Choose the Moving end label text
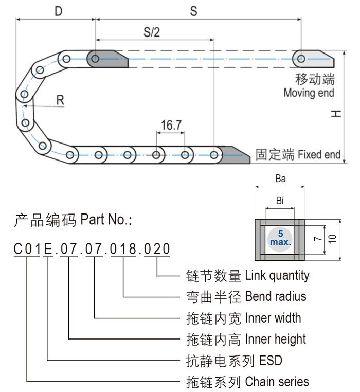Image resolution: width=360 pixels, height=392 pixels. tap(309, 93)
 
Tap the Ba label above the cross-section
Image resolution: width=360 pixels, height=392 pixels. tap(280, 179)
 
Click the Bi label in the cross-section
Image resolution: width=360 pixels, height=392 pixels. tap(280, 201)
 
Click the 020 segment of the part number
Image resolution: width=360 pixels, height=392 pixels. tap(156, 250)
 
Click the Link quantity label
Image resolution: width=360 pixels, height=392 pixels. tap(277, 275)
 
